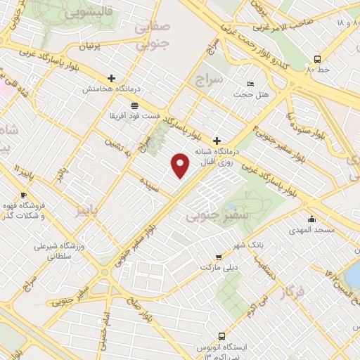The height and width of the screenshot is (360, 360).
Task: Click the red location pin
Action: click(x=181, y=165)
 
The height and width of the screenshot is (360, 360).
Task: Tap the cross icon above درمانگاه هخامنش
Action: click(x=111, y=78)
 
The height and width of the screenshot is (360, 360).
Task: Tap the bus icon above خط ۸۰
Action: click(x=318, y=59)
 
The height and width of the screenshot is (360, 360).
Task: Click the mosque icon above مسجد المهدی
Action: click(x=311, y=219)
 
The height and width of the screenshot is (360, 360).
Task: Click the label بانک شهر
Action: click(x=249, y=245)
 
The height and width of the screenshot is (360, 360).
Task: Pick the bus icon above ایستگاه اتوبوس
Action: click(x=222, y=336)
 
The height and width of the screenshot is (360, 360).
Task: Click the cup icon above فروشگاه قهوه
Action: click(x=23, y=195)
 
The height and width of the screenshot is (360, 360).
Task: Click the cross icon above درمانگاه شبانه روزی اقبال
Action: click(x=217, y=140)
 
